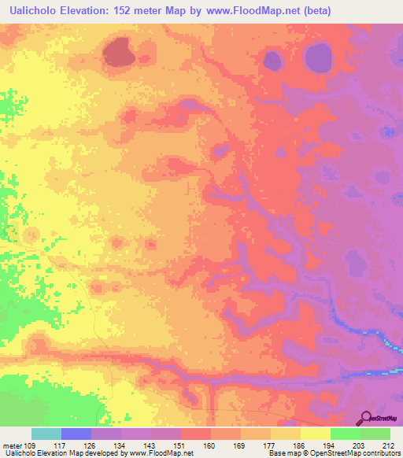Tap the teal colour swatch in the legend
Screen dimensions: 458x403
46,434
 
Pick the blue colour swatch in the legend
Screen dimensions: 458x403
76,434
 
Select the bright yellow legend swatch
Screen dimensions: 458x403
316,434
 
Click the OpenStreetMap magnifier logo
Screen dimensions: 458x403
365,419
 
